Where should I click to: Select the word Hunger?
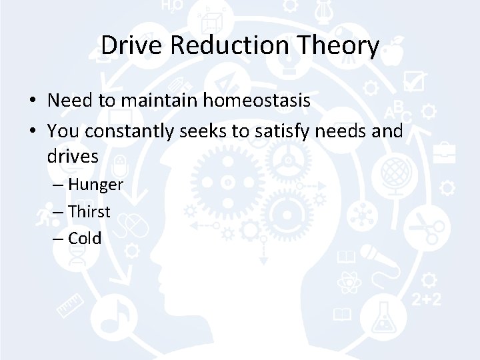tap(95, 185)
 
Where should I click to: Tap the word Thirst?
tap(89, 211)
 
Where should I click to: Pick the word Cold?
tap(85, 238)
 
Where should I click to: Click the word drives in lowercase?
tap(73, 157)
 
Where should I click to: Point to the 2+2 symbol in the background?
tap(426, 301)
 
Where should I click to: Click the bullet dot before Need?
tap(32, 101)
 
